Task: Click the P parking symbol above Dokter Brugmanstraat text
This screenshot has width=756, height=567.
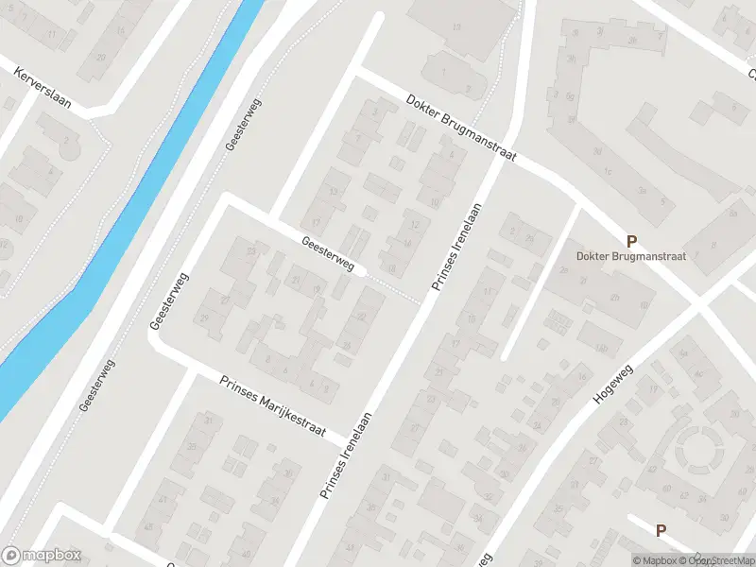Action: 630,241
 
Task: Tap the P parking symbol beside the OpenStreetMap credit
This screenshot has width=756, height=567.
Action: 661,531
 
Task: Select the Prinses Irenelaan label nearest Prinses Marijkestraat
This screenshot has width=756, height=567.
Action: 349,455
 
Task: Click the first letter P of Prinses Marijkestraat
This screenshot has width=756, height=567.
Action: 225,381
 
